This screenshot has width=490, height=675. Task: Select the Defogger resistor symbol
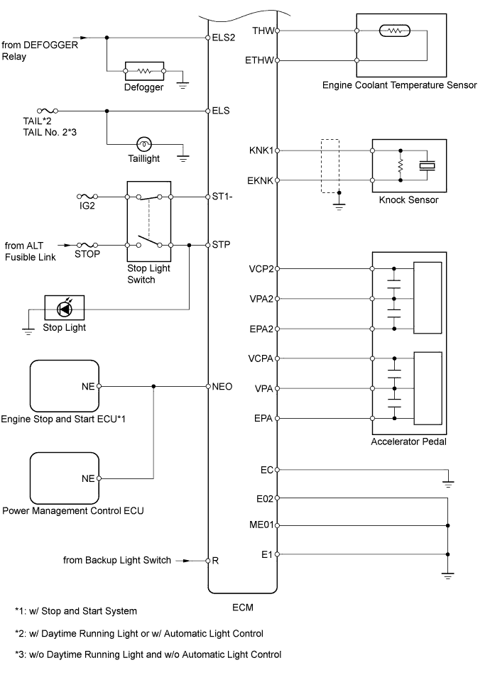click(145, 71)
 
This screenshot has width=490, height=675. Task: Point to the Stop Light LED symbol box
click(65, 309)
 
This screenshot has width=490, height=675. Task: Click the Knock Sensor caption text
click(409, 200)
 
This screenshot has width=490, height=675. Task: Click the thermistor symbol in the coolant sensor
click(391, 31)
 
